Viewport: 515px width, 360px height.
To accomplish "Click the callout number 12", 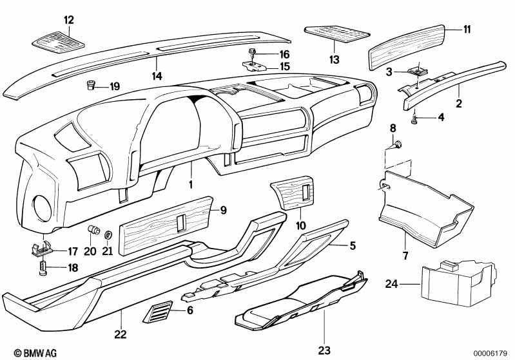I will click(68, 20).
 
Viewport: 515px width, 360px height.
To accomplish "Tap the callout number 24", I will click(392, 284).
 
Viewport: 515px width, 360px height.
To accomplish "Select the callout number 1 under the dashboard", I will click(191, 184).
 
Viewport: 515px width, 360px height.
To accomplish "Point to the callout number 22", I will click(121, 334).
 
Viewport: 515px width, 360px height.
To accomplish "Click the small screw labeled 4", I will click(416, 118).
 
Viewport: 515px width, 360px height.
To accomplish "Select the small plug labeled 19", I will click(93, 86).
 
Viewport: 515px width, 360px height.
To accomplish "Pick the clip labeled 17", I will click(41, 248).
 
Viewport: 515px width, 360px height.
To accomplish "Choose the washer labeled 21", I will click(108, 233).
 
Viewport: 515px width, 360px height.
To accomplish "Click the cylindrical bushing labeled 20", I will click(93, 231).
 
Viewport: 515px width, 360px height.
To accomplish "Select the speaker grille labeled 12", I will click(58, 43).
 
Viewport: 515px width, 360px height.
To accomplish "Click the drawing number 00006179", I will click(491, 352).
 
